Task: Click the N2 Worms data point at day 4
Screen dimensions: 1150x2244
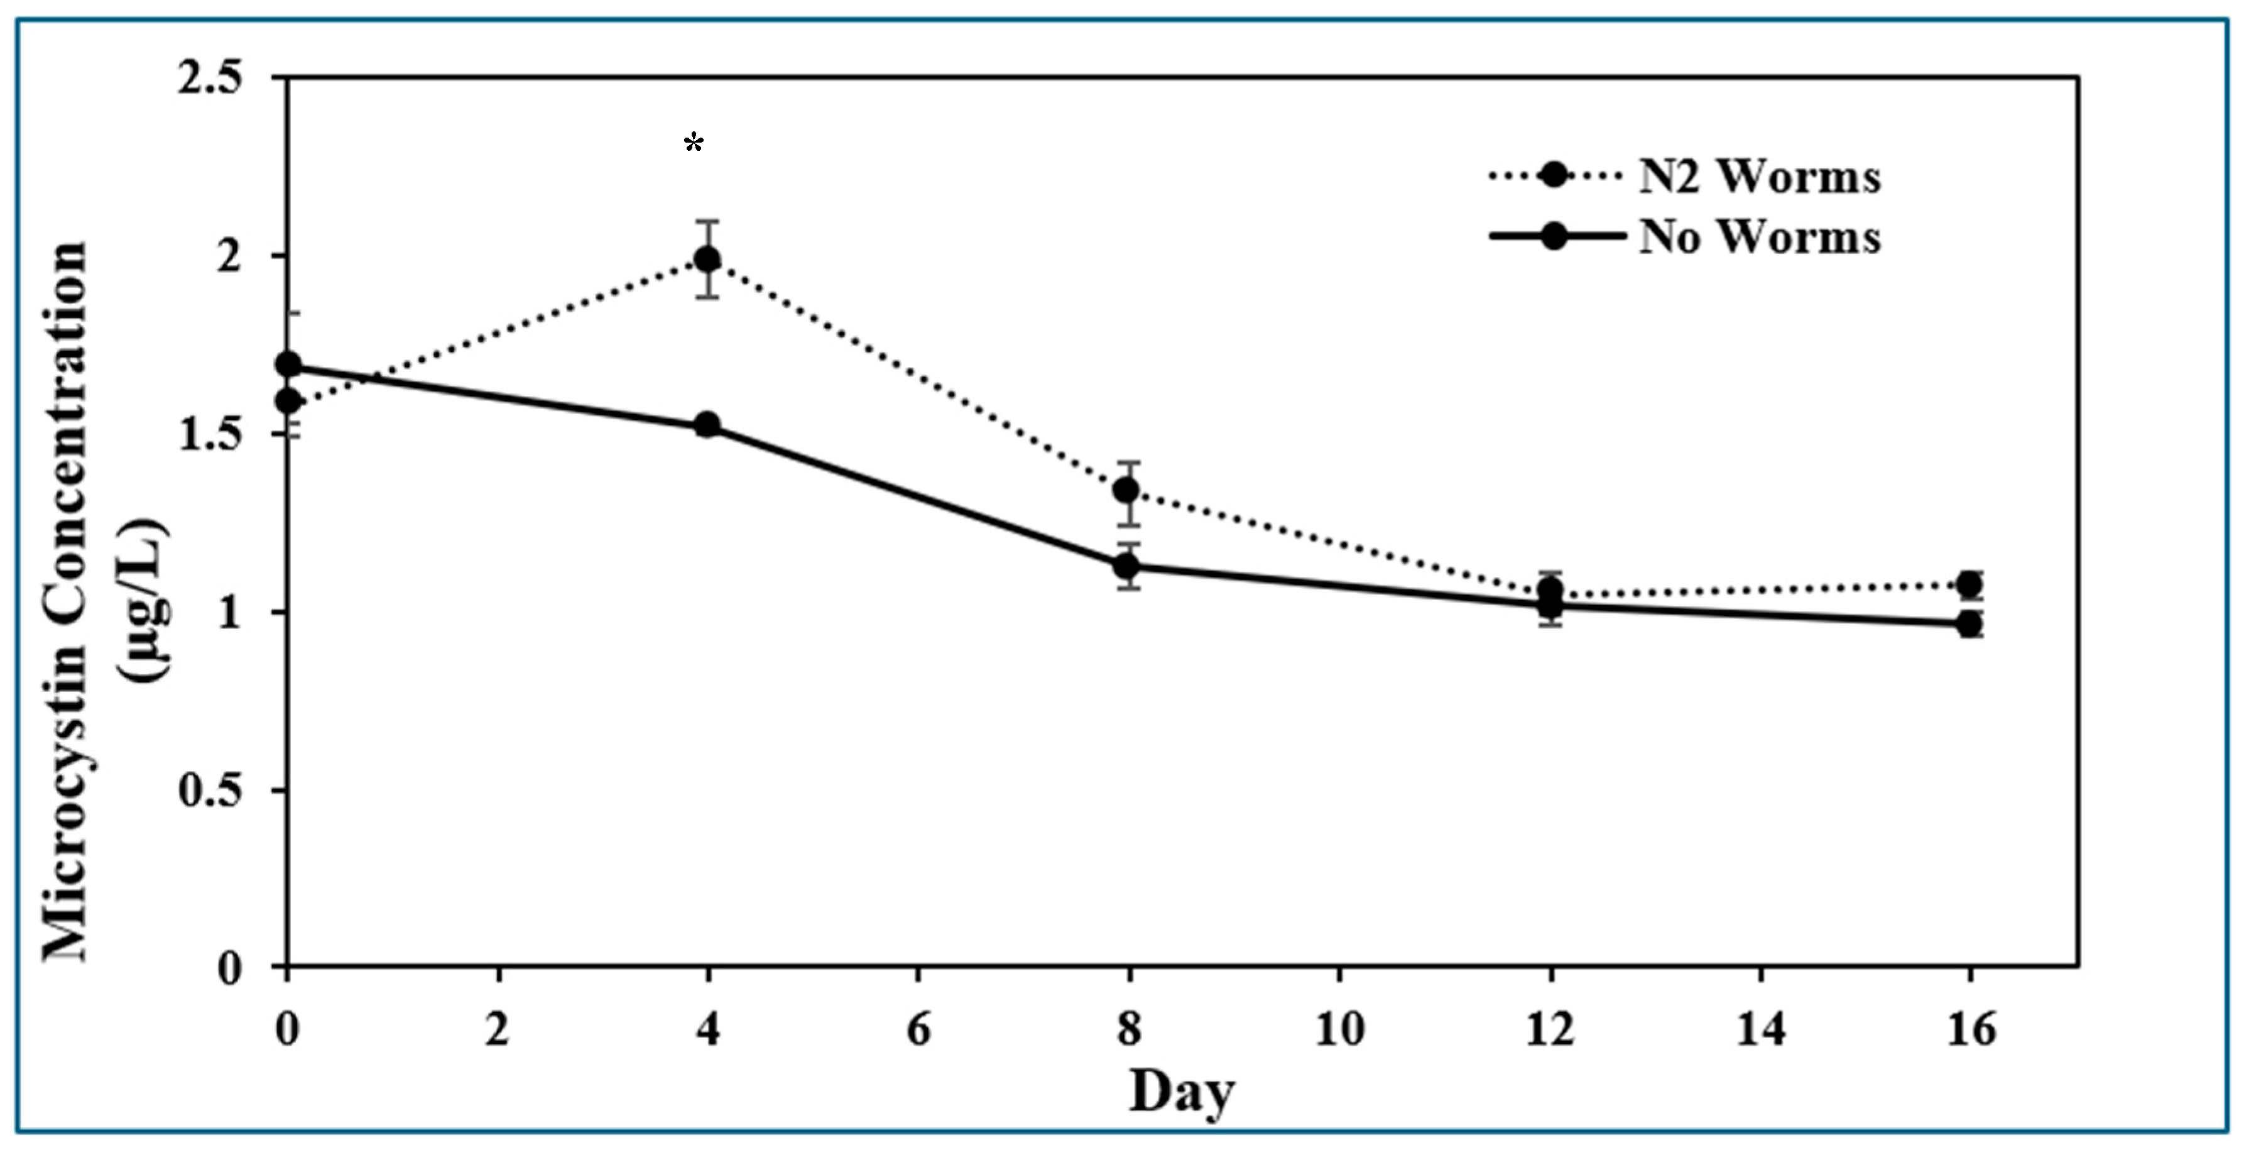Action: (x=707, y=259)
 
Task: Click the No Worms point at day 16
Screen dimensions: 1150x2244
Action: (x=1969, y=624)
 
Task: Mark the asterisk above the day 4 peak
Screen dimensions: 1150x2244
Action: (x=694, y=143)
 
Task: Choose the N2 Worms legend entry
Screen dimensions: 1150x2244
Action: (x=1758, y=177)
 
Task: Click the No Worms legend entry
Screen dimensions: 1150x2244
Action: (x=1758, y=237)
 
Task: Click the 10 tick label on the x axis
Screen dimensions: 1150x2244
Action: (x=1338, y=1031)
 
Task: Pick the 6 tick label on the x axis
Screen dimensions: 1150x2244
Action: (x=918, y=1031)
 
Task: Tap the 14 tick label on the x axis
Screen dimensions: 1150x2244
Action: (x=1760, y=1031)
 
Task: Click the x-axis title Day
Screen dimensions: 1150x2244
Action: (x=1181, y=1092)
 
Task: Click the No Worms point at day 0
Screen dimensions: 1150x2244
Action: (x=288, y=364)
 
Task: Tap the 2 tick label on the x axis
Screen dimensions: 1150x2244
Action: (x=498, y=1031)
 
